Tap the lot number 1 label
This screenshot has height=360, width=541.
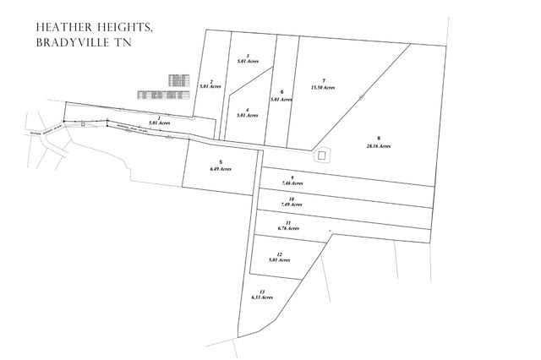click(x=159, y=117)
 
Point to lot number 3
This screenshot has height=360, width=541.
click(x=247, y=56)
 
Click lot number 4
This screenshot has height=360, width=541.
click(x=247, y=109)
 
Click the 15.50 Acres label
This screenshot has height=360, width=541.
click(x=323, y=87)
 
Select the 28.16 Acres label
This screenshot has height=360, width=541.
click(x=379, y=146)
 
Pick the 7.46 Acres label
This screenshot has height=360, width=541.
click(x=291, y=183)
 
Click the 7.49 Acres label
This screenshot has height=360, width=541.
click(x=291, y=205)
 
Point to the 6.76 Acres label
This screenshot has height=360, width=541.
click(x=289, y=228)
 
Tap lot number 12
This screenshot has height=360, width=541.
click(x=279, y=254)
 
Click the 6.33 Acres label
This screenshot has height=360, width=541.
click(x=262, y=297)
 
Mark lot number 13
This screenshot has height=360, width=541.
click(x=262, y=292)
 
